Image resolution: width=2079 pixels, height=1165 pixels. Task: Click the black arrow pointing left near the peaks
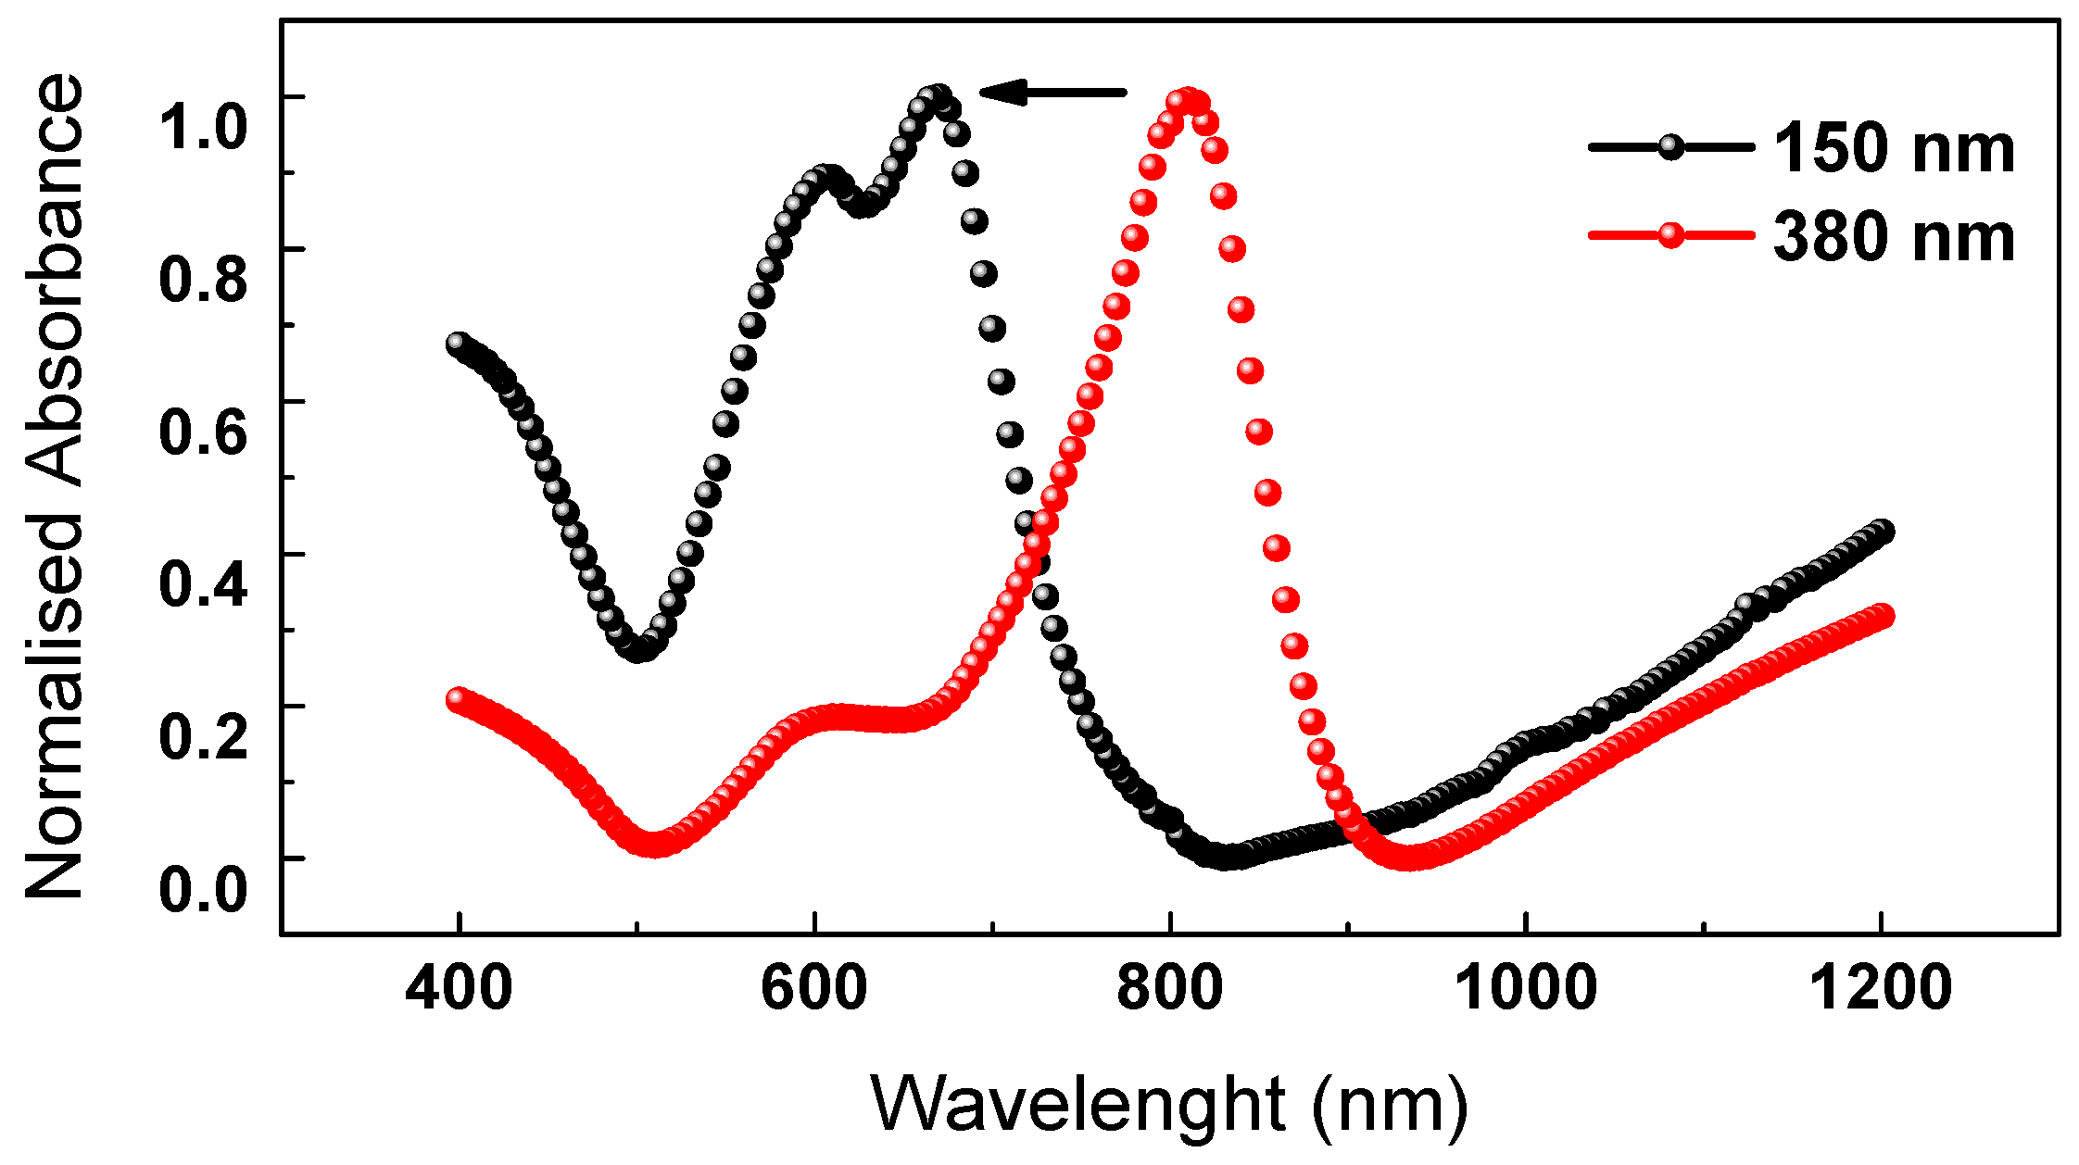(x=1052, y=92)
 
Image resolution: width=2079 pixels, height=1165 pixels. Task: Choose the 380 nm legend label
(x=1894, y=237)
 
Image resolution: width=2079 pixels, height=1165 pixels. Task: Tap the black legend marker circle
(x=1670, y=147)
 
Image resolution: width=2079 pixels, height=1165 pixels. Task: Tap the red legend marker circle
(x=1670, y=235)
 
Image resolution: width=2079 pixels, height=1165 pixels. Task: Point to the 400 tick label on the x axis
(x=459, y=988)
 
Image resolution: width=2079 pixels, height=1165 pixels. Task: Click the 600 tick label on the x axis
(x=814, y=988)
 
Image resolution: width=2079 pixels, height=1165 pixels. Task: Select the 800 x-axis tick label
(x=1170, y=988)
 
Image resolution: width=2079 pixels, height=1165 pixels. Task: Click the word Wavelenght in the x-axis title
(x=1078, y=1104)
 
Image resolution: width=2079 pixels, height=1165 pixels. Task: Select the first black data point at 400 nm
(x=457, y=344)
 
